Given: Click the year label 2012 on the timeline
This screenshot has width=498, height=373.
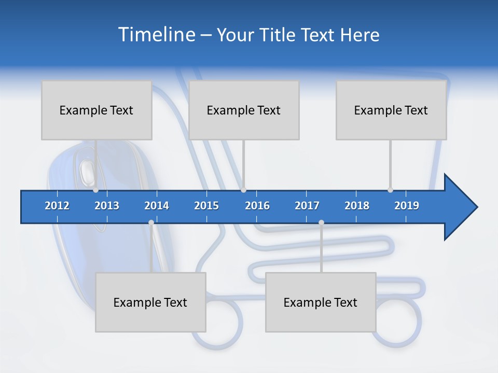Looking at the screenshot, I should pyautogui.click(x=57, y=206).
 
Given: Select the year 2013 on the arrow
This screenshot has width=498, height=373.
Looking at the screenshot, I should pyautogui.click(x=107, y=206).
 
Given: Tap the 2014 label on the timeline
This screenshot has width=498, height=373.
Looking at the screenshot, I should pyautogui.click(x=157, y=206).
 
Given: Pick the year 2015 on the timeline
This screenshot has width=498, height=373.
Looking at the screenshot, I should pyautogui.click(x=206, y=206).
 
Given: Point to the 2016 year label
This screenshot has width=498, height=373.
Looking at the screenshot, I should pyautogui.click(x=257, y=206).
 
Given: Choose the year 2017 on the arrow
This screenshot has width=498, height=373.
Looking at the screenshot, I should pyautogui.click(x=307, y=206).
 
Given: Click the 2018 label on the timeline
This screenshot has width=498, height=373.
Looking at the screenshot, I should pyautogui.click(x=357, y=206).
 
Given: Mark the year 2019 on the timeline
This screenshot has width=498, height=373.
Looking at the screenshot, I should pyautogui.click(x=407, y=206).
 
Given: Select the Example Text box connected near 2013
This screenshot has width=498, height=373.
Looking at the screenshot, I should pyautogui.click(x=96, y=110).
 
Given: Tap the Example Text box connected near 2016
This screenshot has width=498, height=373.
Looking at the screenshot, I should pyautogui.click(x=244, y=110).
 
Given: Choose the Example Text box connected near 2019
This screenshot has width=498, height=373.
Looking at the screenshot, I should pyautogui.click(x=391, y=110).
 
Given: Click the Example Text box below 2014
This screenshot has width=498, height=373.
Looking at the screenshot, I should pyautogui.click(x=150, y=302).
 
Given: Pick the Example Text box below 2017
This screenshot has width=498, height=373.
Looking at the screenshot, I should pyautogui.click(x=321, y=302).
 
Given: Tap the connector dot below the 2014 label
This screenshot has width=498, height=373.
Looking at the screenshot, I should pyautogui.click(x=151, y=223).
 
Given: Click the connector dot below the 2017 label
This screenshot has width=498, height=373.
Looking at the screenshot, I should pyautogui.click(x=321, y=223).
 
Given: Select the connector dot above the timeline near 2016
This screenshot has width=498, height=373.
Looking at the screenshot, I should pyautogui.click(x=243, y=190).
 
